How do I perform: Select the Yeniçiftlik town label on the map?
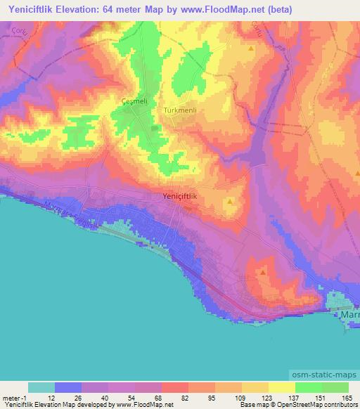[180, 197]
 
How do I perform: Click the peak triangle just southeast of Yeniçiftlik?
[232, 202]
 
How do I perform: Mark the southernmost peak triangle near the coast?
[262, 271]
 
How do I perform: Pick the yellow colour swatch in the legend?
[281, 387]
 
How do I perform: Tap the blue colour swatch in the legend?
[68, 387]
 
